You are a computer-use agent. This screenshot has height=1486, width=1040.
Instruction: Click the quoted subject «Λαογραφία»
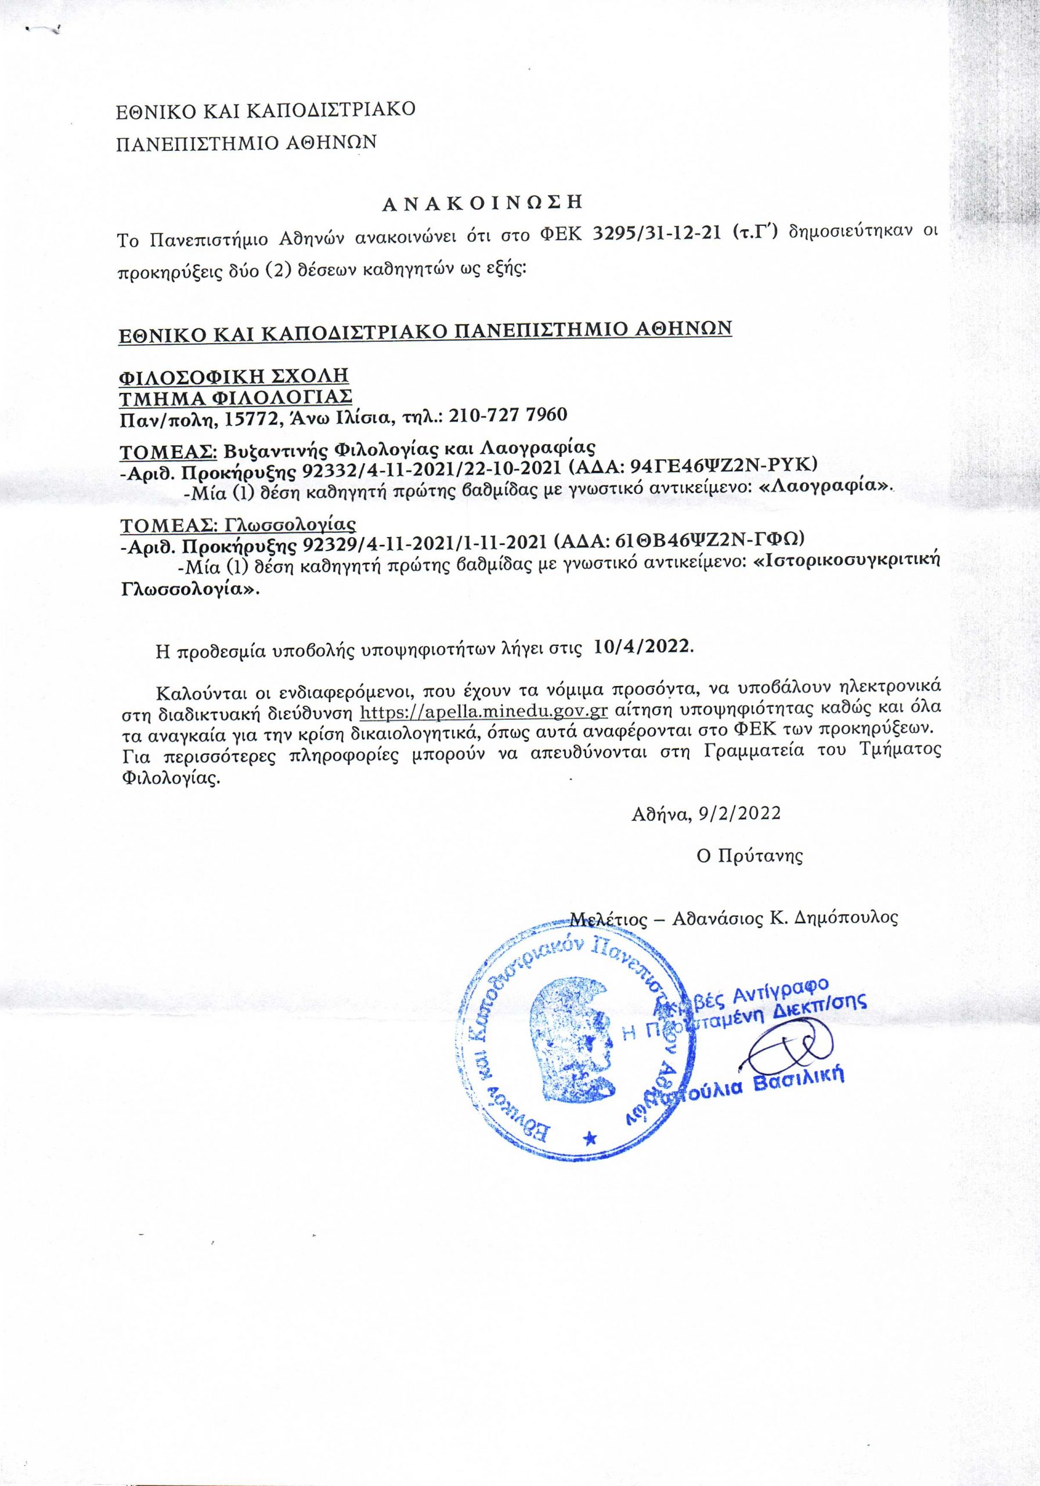tap(825, 489)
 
